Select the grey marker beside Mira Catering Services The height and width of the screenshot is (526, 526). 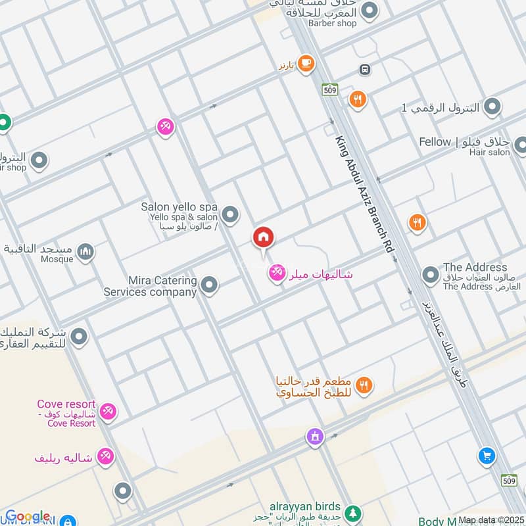(209, 285)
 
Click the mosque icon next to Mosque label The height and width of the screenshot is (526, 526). (85, 251)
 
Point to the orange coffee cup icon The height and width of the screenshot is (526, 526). (305, 63)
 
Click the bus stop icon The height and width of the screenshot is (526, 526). (364, 69)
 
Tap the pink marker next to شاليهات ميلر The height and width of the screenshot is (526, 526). (276, 271)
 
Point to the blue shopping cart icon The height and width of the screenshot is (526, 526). (487, 456)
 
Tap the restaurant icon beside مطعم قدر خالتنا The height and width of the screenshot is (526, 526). (364, 385)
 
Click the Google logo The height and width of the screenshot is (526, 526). (27, 516)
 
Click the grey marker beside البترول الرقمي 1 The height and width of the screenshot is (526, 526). (493, 107)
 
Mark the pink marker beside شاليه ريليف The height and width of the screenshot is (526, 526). (105, 456)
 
